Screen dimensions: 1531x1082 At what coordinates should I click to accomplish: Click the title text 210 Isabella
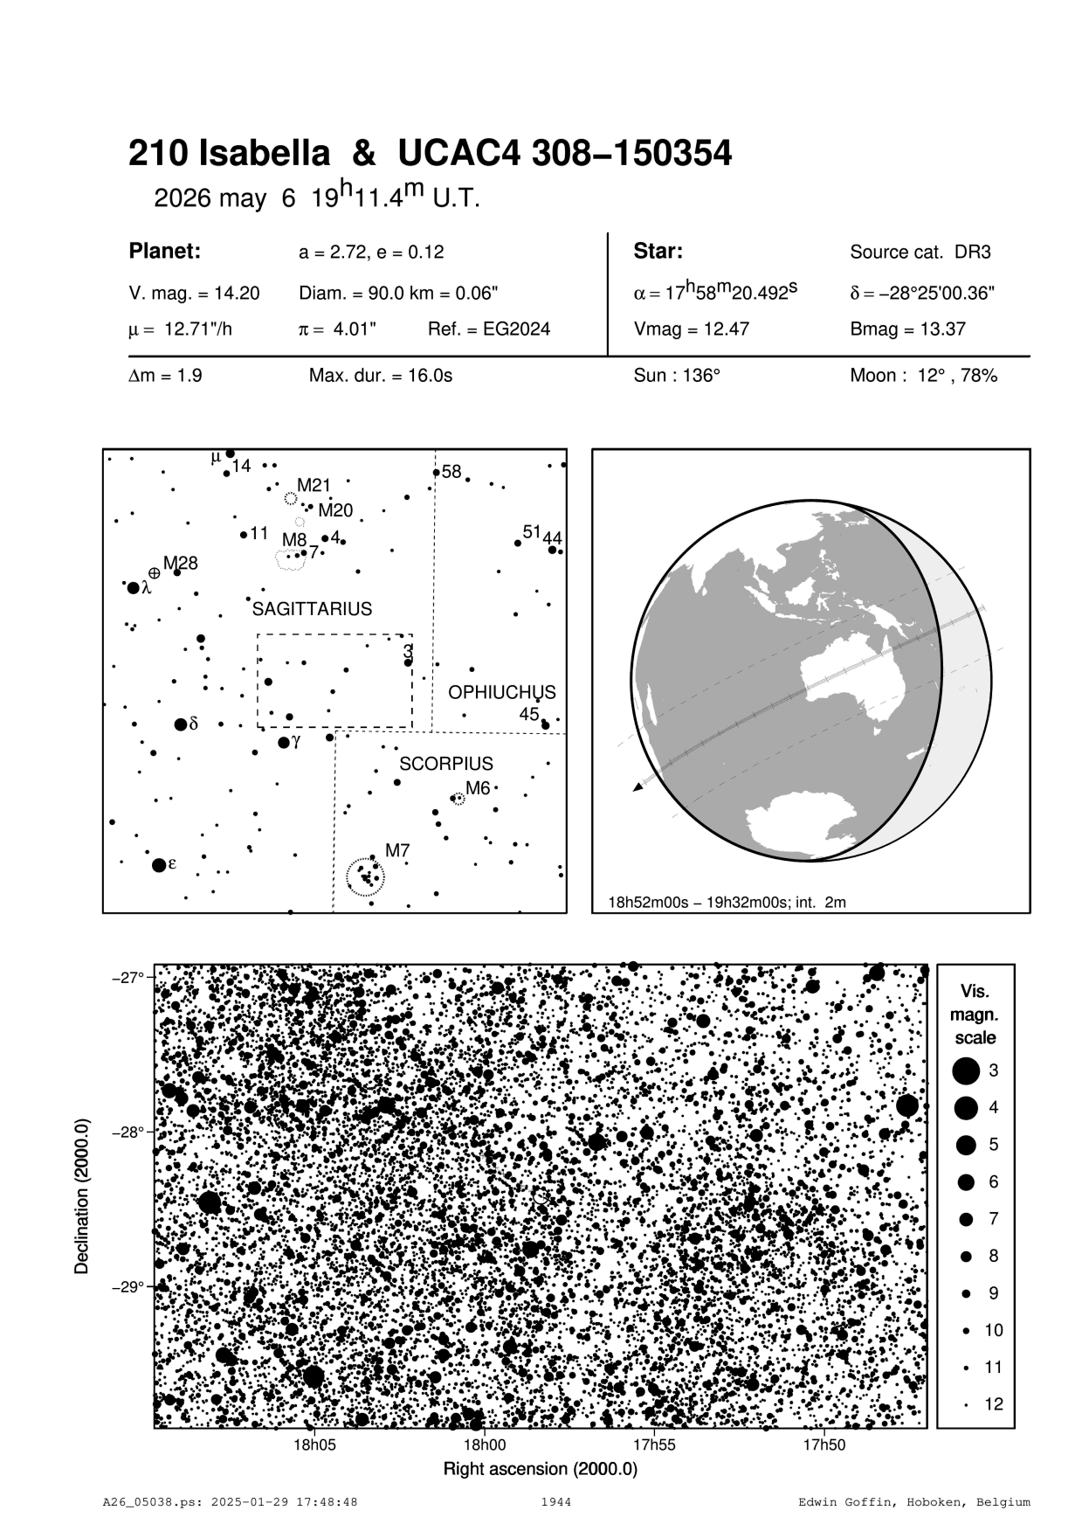point(229,154)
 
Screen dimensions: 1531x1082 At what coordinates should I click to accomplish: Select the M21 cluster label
point(314,485)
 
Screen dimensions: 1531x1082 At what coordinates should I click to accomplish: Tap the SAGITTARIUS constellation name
point(312,609)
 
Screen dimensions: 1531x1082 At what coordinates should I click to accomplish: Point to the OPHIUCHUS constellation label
point(501,692)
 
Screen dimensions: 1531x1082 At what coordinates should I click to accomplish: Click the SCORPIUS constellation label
point(446,763)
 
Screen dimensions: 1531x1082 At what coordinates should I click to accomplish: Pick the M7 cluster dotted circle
point(365,877)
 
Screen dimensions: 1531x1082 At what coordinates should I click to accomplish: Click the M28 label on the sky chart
point(181,563)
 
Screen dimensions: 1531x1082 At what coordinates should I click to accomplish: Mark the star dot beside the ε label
point(159,865)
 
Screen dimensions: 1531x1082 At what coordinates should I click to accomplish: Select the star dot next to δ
point(181,724)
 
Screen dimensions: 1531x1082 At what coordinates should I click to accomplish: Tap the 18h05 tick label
point(314,1444)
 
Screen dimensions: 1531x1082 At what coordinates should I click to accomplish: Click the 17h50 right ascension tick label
point(824,1444)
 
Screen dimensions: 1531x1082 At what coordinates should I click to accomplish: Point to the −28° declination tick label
point(128,1133)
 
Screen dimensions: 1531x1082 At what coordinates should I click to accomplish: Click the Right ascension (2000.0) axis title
point(541,1469)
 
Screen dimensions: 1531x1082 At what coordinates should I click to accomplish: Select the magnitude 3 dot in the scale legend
point(966,1070)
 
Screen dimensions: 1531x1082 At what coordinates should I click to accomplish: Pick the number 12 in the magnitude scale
point(994,1404)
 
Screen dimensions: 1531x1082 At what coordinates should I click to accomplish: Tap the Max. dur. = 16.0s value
point(381,376)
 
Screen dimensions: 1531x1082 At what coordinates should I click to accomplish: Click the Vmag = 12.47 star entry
point(691,329)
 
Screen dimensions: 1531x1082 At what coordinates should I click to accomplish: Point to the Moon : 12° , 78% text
point(923,376)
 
